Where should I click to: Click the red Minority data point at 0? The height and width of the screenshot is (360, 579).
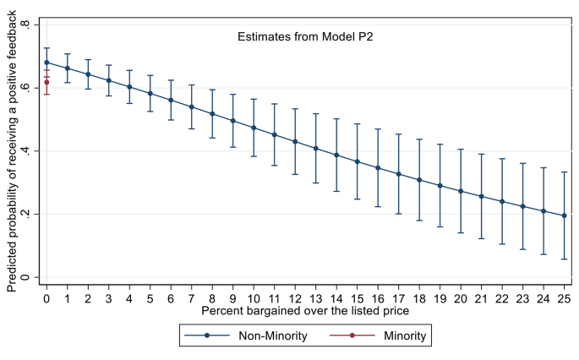[46, 82]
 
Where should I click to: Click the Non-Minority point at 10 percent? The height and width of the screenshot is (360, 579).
[254, 128]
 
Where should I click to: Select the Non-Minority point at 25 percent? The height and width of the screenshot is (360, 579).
[564, 215]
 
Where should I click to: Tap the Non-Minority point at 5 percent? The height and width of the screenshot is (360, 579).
[150, 93]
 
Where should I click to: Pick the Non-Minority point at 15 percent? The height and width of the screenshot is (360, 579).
[357, 161]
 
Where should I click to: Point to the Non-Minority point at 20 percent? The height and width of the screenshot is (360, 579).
[461, 191]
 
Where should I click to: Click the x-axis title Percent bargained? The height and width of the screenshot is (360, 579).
[305, 312]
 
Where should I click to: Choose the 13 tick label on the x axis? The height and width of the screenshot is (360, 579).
[315, 298]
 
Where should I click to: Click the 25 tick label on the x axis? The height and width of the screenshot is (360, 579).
[564, 298]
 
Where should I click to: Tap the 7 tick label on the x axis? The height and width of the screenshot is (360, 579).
[191, 298]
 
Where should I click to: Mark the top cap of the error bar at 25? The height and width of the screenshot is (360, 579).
[564, 172]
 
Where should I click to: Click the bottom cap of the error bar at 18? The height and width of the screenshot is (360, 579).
[419, 221]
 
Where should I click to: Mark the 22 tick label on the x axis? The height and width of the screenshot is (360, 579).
[502, 298]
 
